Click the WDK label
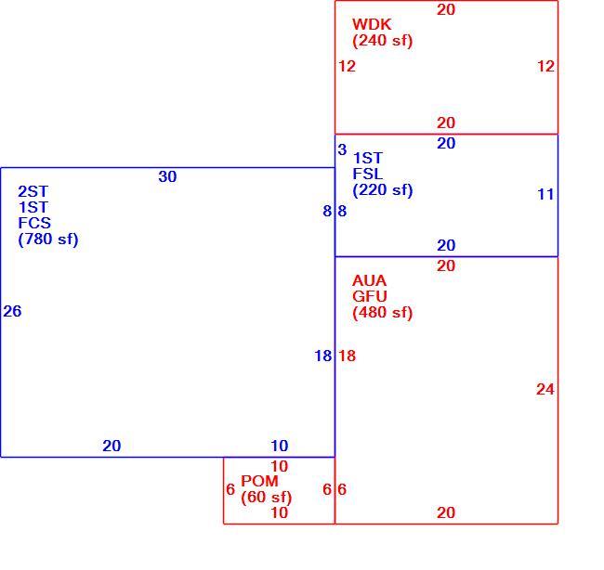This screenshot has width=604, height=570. [x=372, y=24]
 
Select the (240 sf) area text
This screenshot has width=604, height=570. [x=382, y=41]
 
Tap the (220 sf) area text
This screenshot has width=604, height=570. [x=382, y=189]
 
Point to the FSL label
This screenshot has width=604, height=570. [x=367, y=174]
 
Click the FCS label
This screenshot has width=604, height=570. [x=34, y=223]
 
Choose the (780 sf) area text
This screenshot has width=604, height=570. [x=48, y=239]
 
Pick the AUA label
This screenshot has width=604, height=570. [x=369, y=280]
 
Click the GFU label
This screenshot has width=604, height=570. [x=370, y=296]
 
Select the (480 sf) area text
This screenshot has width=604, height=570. [x=382, y=312]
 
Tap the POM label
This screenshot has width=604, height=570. [x=259, y=481]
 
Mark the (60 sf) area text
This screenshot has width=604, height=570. [x=266, y=497]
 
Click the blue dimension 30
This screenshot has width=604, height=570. [x=167, y=176]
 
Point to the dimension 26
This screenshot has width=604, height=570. [x=12, y=311]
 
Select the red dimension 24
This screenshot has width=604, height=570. [x=545, y=390]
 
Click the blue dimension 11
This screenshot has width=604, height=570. [x=545, y=194]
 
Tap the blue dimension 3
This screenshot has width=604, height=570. [x=342, y=149]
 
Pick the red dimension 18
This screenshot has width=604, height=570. [x=348, y=356]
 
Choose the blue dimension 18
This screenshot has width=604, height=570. [x=322, y=356]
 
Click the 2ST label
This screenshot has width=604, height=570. [x=33, y=191]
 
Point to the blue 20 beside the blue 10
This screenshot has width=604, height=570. [x=112, y=446]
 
